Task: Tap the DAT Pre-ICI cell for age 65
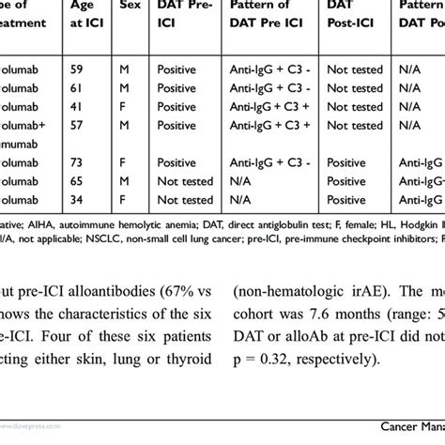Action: pyautogui.click(x=185, y=181)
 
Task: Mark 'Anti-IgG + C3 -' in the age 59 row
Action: pyautogui.click(x=270, y=69)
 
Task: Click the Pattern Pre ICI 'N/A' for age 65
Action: pyautogui.click(x=241, y=181)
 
